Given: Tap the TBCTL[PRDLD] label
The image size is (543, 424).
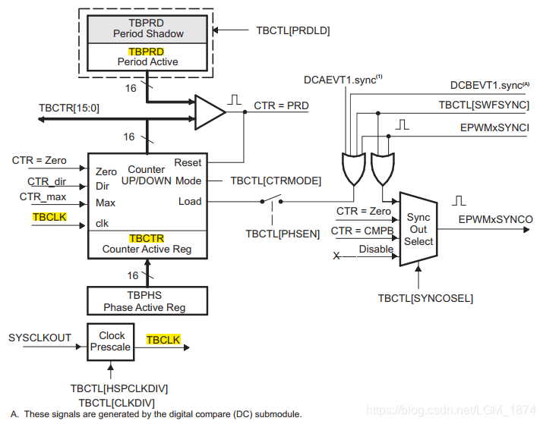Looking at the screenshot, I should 293,30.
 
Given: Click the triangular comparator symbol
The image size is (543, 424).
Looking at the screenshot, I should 210,111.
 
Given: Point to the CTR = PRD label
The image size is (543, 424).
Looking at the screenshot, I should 281,106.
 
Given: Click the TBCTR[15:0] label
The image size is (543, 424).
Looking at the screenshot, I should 69,108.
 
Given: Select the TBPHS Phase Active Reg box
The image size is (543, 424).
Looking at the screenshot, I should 144,301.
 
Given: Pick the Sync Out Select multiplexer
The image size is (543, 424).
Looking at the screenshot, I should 418,230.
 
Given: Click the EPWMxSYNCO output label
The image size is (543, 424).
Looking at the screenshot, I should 495,219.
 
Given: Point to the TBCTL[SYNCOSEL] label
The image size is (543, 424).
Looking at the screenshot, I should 425,298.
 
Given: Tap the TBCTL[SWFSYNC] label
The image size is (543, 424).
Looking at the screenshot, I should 484,105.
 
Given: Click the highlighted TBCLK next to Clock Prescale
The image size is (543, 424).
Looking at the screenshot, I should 163,340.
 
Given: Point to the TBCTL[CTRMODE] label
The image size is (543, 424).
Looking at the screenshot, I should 276,181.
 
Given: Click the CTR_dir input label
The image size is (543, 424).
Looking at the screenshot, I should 47,181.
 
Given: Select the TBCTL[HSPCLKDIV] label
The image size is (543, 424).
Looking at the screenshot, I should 119,388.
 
